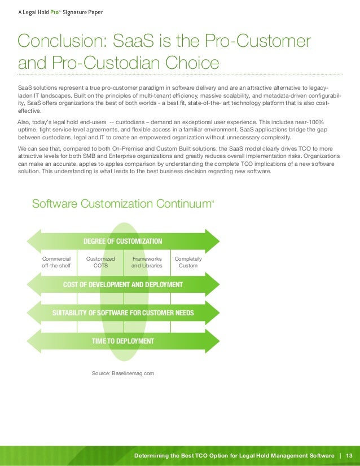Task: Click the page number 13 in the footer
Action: [349, 455]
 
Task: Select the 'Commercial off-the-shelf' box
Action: [56, 262]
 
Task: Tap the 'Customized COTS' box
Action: [100, 262]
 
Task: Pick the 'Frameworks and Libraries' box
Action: [147, 262]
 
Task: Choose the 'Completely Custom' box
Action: [188, 262]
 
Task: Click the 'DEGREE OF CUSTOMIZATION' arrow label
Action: [122, 241]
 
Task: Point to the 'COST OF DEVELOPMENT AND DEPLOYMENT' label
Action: [122, 284]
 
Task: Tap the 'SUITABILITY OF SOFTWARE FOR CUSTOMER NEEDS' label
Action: [122, 313]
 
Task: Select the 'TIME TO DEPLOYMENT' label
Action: [122, 341]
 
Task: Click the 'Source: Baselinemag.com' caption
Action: [122, 373]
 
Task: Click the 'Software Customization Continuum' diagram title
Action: [121, 204]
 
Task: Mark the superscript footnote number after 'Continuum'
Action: [212, 200]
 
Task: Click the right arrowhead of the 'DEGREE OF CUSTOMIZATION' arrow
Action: [213, 241]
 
